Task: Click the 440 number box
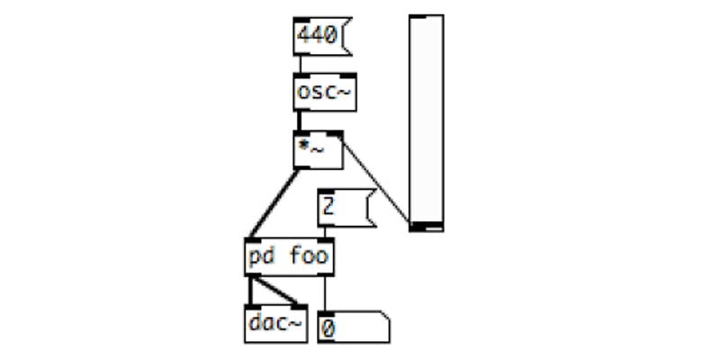click(322, 36)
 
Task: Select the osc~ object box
click(325, 92)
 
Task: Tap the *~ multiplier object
click(319, 149)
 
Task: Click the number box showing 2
click(346, 208)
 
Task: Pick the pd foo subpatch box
click(289, 256)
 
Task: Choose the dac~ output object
click(276, 323)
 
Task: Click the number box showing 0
click(354, 327)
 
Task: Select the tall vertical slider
click(426, 123)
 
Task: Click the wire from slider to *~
click(375, 181)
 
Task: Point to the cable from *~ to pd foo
click(274, 203)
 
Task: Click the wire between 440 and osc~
click(301, 64)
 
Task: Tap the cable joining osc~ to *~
click(300, 121)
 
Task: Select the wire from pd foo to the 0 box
click(326, 294)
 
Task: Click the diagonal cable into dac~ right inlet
click(275, 290)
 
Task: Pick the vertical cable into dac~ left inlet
click(251, 290)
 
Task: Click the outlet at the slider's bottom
click(418, 227)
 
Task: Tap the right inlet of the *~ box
click(335, 133)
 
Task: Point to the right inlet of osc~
click(348, 76)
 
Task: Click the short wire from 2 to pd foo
click(326, 232)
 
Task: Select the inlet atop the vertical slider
click(418, 17)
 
